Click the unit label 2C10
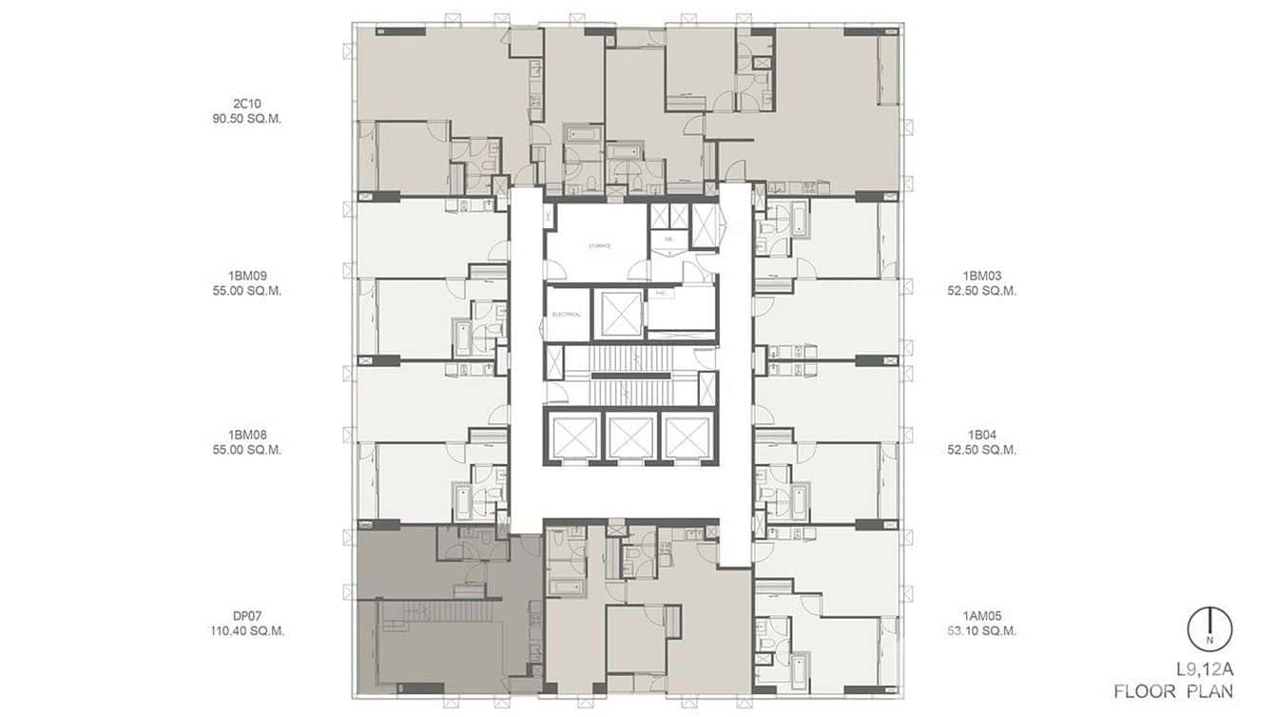pos(247,104)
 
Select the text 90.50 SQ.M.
pos(247,119)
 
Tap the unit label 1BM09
pos(247,276)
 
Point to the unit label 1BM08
pos(247,435)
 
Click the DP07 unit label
pos(247,615)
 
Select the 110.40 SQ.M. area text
pos(247,630)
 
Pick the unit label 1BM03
pos(982,276)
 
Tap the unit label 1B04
pos(982,435)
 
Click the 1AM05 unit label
pos(982,615)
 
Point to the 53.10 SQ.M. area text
pos(982,630)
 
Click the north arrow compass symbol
pos(1208,630)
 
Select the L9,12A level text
pos(1202,669)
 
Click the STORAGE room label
pos(598,245)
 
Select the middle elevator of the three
pos(630,437)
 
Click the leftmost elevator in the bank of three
pos(575,437)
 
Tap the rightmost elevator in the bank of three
pos(686,437)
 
